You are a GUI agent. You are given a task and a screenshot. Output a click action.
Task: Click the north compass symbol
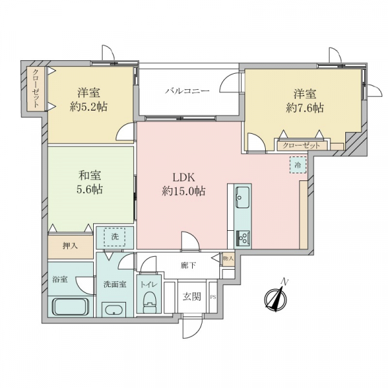coord(275,298)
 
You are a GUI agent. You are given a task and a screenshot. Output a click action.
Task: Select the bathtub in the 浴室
coord(70,307)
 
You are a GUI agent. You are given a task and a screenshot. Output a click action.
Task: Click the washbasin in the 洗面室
coord(114,310)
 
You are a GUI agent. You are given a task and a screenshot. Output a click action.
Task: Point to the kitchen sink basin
coord(242,197)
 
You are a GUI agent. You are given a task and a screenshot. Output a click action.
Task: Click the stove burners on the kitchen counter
coord(242,239)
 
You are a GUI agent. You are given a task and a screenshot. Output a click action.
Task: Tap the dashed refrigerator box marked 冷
coord(298,165)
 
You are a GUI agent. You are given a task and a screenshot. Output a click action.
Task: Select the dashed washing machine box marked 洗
coord(114,237)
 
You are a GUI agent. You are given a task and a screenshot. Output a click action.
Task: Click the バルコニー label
coord(188,91)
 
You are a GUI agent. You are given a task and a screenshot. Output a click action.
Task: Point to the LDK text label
coord(184,177)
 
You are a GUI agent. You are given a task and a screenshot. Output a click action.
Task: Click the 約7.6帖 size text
coord(305,108)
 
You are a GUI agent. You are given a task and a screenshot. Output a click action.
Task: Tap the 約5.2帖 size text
coord(89,107)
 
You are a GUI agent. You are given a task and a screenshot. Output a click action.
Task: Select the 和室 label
coord(90,176)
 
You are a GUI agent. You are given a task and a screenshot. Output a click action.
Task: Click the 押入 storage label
coord(70,246)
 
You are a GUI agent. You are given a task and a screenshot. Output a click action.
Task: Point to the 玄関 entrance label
coord(192,296)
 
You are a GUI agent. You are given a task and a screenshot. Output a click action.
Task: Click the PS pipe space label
coord(213,297)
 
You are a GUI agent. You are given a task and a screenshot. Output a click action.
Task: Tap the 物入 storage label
coord(228,259)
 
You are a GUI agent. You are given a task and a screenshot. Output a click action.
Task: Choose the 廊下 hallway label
coord(188,266)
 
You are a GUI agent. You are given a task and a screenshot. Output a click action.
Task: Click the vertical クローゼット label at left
coord(36,89)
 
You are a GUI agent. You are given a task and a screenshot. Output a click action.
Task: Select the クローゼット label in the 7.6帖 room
coord(301,145)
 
